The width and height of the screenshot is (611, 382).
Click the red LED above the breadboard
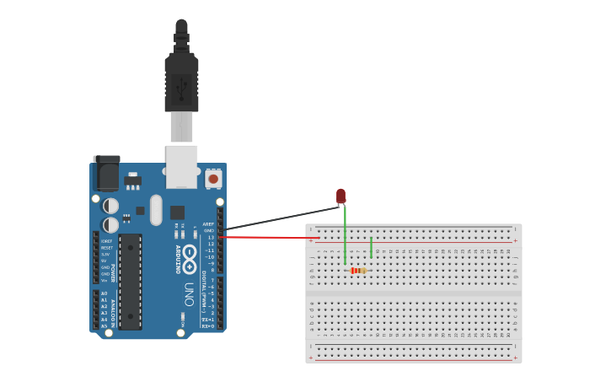pos(340,196)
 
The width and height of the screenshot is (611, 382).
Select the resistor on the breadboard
pos(358,271)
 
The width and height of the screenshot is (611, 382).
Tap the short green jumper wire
pos(371,247)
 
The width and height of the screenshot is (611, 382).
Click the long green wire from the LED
pos(345,236)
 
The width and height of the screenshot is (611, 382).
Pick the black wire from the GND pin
pos(278,218)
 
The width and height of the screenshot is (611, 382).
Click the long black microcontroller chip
pos(130,281)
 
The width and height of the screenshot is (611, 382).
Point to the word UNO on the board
pos(188,292)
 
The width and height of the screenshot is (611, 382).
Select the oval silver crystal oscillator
pos(156,210)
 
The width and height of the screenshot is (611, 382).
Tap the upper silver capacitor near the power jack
pos(110,206)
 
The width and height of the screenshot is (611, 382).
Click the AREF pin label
pos(208,224)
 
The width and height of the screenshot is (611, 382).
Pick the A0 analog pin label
pos(105,293)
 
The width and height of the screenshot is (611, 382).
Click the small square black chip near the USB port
pos(177,212)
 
